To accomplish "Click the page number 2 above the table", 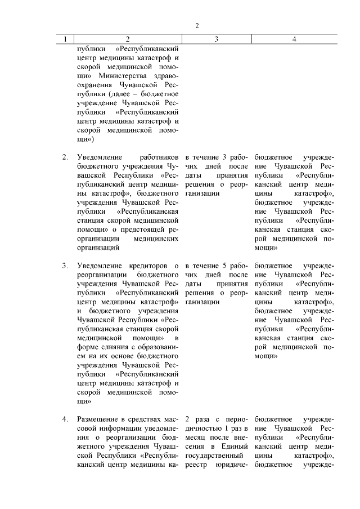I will pos(197,26).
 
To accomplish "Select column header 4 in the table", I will pos(294,39).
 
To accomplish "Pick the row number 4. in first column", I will pos(65,419).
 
